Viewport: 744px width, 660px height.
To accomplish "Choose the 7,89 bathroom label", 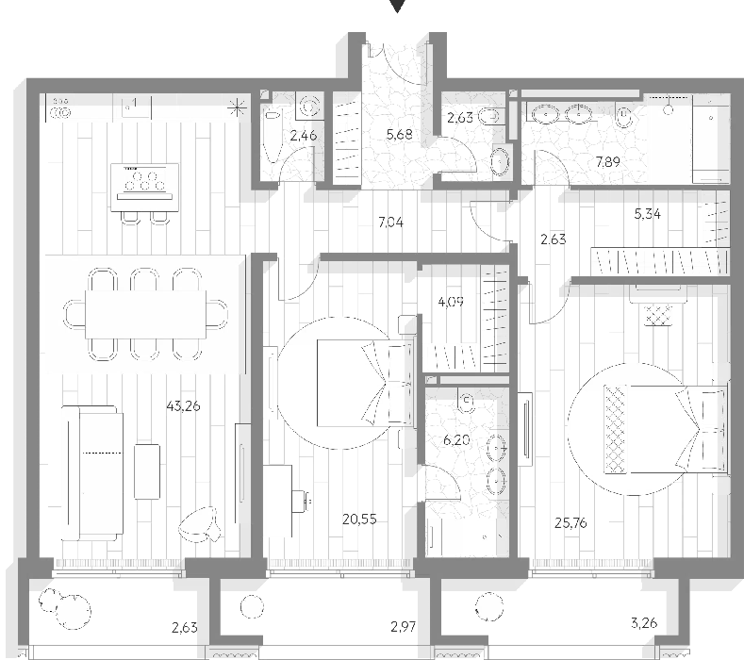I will tap(608, 161).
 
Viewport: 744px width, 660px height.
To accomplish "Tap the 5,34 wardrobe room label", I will tap(647, 214).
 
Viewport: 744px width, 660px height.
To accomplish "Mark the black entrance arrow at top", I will tap(397, 7).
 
